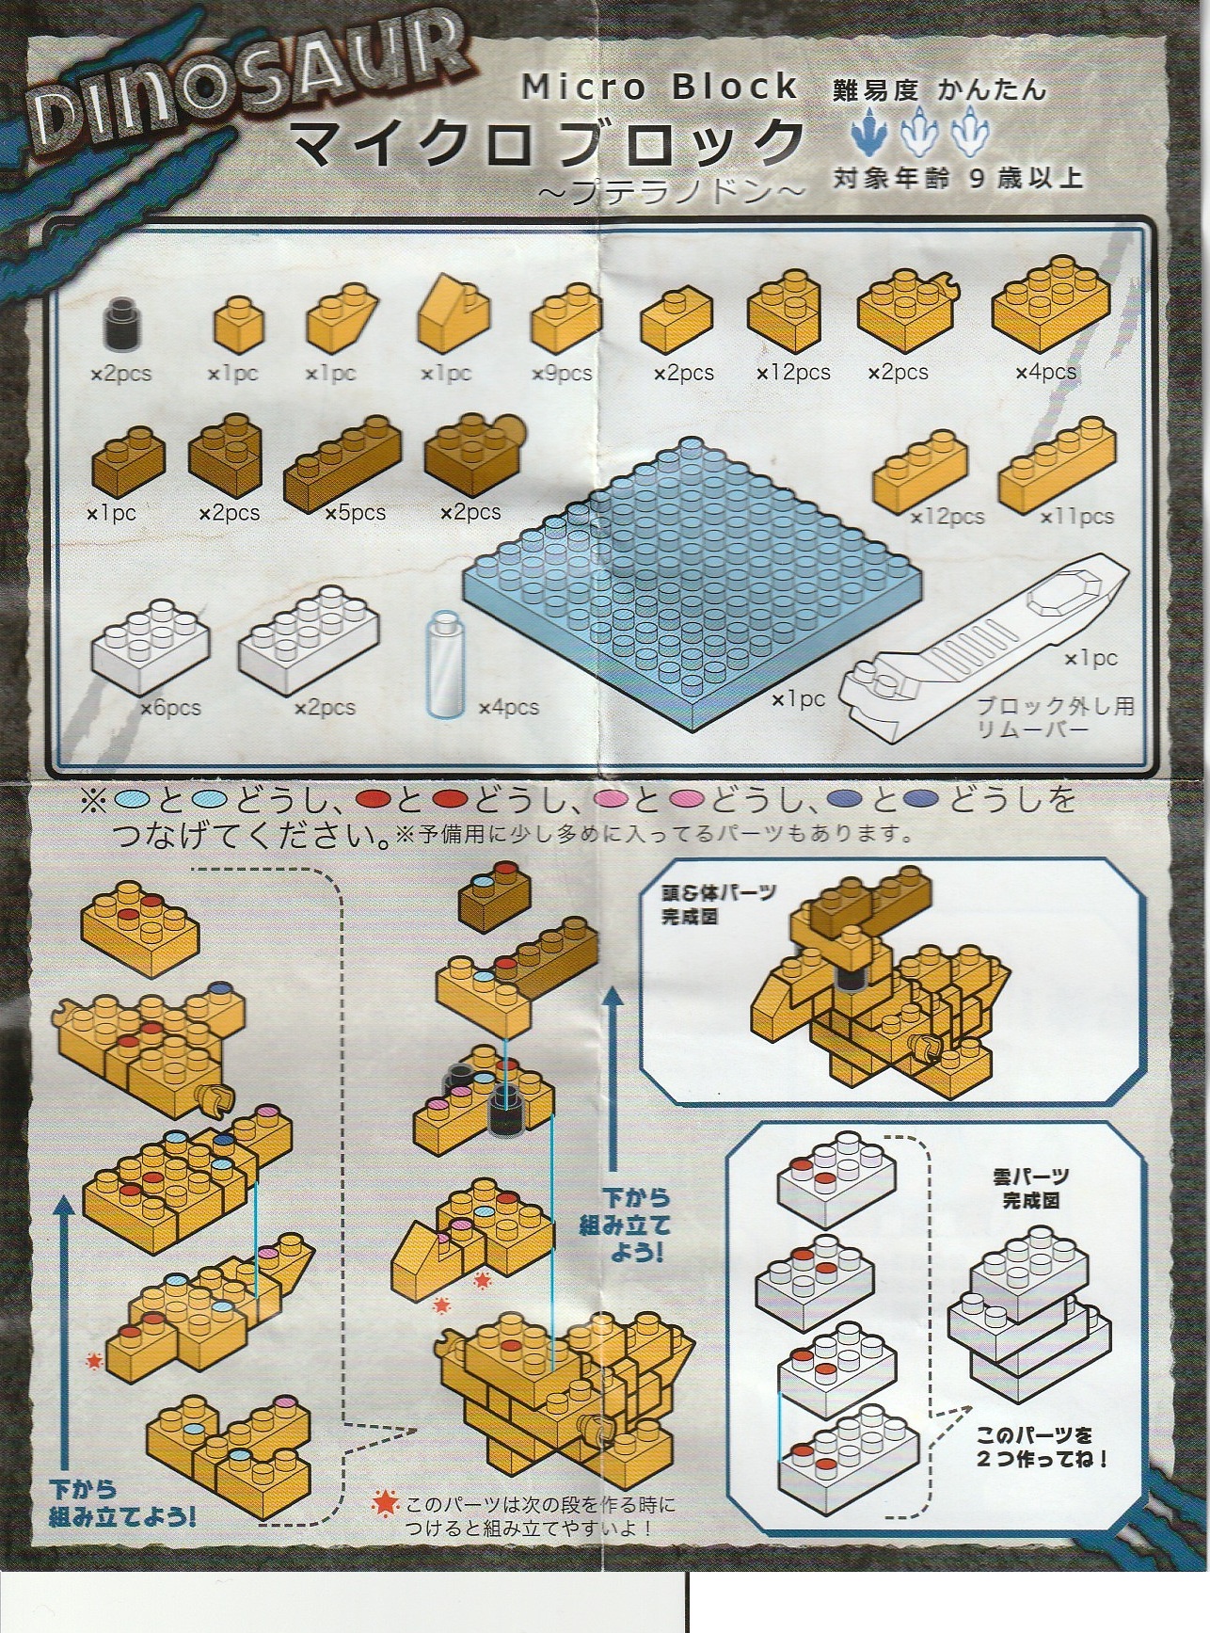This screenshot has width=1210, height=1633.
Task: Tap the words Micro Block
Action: [660, 88]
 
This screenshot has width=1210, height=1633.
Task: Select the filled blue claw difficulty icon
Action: [868, 133]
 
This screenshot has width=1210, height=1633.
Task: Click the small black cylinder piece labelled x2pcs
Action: [119, 324]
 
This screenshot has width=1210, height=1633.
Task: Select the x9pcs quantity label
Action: [562, 374]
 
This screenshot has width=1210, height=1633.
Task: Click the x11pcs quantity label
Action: [1076, 517]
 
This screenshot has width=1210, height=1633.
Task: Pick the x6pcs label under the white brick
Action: [170, 707]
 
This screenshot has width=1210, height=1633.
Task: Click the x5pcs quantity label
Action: [355, 513]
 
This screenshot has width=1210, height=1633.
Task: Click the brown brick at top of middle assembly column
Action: [503, 892]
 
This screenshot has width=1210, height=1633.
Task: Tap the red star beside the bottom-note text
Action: [384, 1503]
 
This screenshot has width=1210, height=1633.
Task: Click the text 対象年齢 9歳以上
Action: [958, 176]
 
